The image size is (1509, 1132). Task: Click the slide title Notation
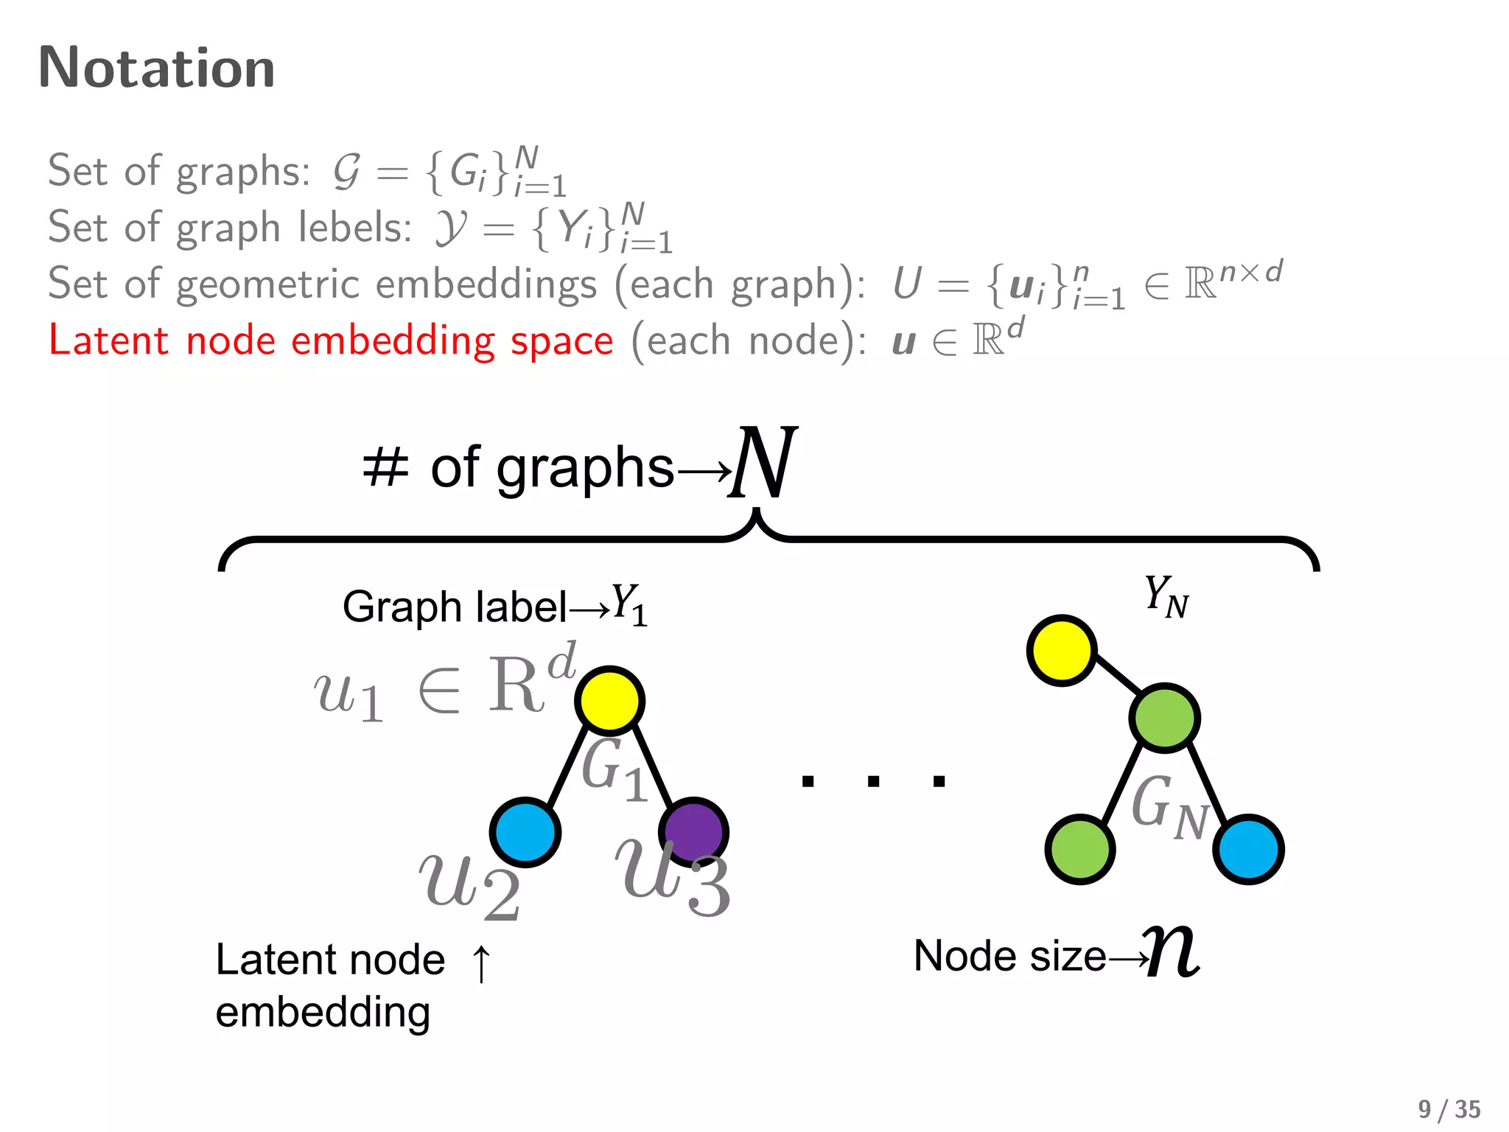pyautogui.click(x=156, y=68)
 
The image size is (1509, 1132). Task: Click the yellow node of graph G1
pyautogui.click(x=609, y=700)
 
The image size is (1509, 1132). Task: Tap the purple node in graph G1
pyautogui.click(x=693, y=831)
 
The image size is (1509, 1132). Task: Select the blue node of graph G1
pyautogui.click(x=525, y=832)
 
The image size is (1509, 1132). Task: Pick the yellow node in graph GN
pyautogui.click(x=1061, y=650)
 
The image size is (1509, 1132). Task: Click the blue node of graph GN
pyautogui.click(x=1248, y=848)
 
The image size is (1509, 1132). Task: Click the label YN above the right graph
pyautogui.click(x=1166, y=596)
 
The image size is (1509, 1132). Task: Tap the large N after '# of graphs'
pyautogui.click(x=763, y=463)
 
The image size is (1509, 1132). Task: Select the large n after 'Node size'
pyautogui.click(x=1173, y=952)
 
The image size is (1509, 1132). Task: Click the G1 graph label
pyautogui.click(x=614, y=770)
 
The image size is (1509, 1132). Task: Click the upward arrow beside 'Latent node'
pyautogui.click(x=481, y=962)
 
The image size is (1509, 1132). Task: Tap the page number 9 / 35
pyautogui.click(x=1449, y=1109)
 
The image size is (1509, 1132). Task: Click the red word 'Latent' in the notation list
pyautogui.click(x=109, y=340)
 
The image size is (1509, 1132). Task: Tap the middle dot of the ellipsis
pyautogui.click(x=873, y=781)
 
